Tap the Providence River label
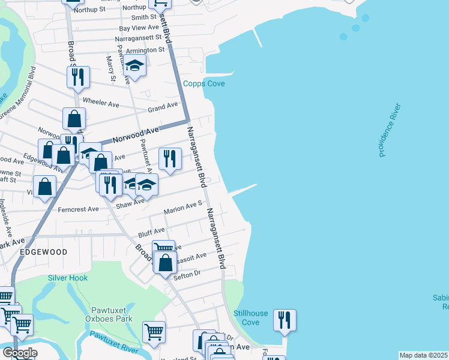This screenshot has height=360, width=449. [x=390, y=131]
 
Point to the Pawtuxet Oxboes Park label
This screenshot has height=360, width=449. [x=112, y=314]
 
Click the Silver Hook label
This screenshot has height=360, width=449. [x=68, y=278]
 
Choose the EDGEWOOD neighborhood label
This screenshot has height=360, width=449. [x=43, y=253]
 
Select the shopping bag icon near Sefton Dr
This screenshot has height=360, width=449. [x=165, y=262]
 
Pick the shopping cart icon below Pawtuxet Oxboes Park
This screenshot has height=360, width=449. [x=154, y=331]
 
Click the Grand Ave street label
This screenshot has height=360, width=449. [x=163, y=106]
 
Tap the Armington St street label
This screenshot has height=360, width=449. [x=142, y=50]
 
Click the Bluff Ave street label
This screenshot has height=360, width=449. [x=151, y=231]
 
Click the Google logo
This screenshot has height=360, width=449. [x=20, y=353]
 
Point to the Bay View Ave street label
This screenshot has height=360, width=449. [x=139, y=28]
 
